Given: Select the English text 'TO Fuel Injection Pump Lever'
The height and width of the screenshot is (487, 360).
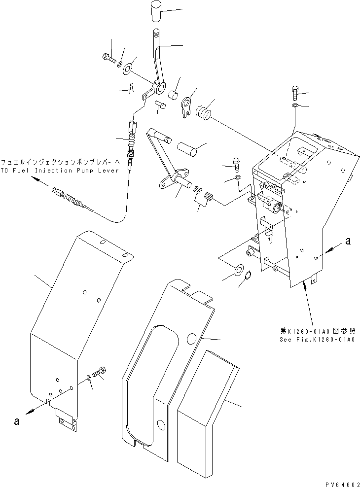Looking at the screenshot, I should (x=60, y=170).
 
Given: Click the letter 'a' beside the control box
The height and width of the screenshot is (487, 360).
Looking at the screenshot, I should (x=348, y=242).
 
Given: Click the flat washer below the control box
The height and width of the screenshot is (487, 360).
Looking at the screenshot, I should (x=238, y=269).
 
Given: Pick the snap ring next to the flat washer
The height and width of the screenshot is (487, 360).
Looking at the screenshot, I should (x=250, y=280).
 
